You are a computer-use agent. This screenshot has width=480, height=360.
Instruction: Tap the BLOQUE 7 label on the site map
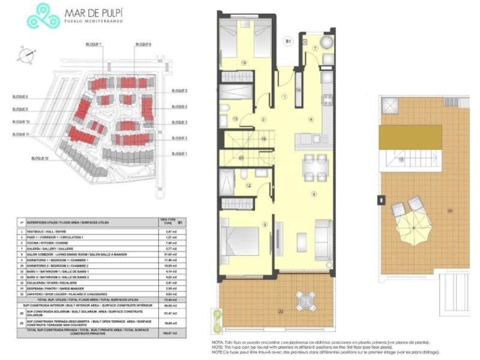coord(93,45)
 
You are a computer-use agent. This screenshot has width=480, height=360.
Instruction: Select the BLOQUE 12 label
coord(40,158)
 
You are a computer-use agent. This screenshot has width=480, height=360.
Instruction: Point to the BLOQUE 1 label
coord(179,154)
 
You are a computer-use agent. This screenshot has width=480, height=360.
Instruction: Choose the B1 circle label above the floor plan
coord(288,41)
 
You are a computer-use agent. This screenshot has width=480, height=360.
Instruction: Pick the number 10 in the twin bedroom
coord(244,62)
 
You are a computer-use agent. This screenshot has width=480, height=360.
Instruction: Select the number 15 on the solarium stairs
coord(401,159)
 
